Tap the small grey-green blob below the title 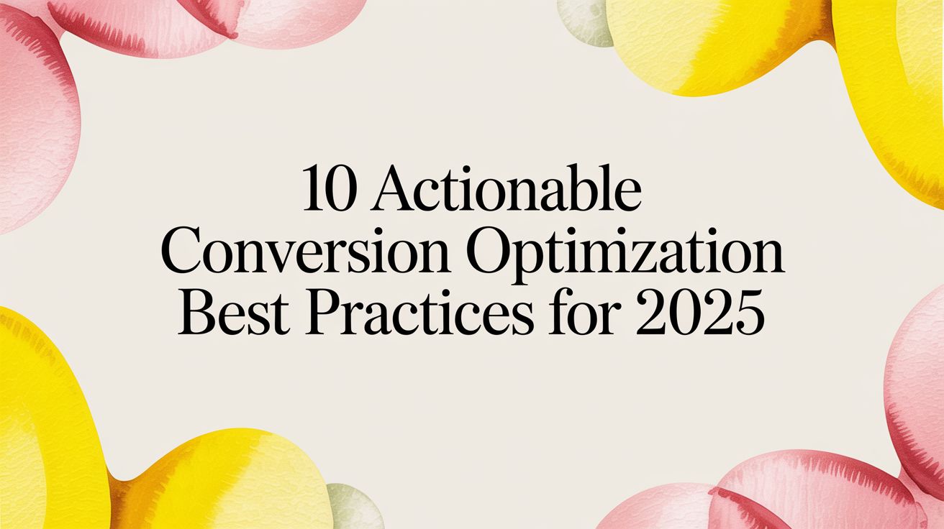(x=353, y=507)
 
